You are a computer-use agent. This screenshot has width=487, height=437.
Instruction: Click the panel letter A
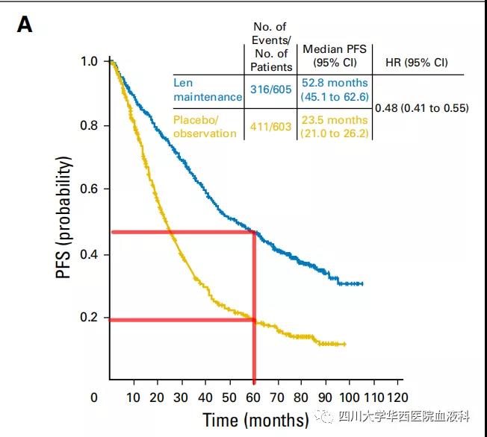click(25, 25)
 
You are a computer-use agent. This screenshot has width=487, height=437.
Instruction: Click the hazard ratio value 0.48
click(421, 108)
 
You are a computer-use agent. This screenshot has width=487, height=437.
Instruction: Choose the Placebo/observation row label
click(205, 126)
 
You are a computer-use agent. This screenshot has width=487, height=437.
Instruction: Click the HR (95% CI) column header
click(415, 62)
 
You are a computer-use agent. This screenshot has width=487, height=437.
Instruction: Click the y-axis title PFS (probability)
click(65, 218)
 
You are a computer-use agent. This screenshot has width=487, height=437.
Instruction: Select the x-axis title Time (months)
click(255, 418)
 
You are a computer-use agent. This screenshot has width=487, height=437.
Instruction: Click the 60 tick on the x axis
click(254, 397)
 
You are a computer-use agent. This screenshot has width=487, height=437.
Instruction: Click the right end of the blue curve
click(362, 283)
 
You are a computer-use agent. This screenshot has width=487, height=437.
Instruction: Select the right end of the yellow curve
click(345, 344)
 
